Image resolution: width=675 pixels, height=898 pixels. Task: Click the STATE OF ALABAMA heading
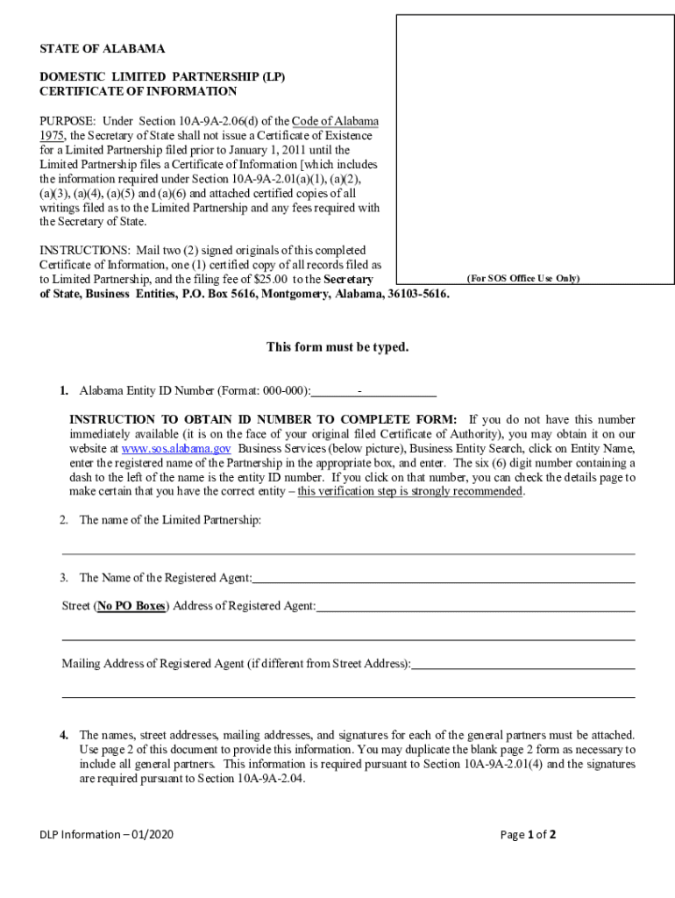tap(103, 49)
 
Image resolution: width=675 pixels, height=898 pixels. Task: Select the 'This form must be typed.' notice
tap(337, 347)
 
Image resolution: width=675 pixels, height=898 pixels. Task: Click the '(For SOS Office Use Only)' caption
tap(522, 279)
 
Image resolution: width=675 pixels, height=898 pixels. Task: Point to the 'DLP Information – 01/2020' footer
tap(106, 835)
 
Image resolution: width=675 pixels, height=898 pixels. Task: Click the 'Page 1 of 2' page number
tap(528, 835)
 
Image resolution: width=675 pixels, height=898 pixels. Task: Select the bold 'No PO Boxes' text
tap(131, 606)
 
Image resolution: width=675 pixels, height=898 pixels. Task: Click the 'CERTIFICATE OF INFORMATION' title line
tap(138, 91)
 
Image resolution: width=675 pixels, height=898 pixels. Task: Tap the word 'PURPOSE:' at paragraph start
tap(67, 121)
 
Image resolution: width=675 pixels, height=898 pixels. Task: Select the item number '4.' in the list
tap(64, 735)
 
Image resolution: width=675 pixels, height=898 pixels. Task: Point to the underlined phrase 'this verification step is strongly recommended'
tap(410, 491)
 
